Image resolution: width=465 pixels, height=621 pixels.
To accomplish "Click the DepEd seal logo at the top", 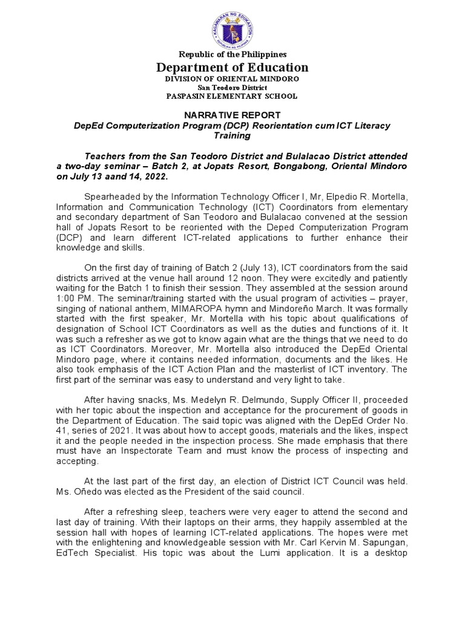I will [232, 29].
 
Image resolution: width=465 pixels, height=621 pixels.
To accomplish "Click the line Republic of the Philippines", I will [232, 55].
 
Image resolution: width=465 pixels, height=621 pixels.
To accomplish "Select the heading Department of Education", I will [232, 67].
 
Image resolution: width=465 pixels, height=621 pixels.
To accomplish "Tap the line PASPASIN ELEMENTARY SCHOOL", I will [232, 96].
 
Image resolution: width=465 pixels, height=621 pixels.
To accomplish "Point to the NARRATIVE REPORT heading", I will [232, 115].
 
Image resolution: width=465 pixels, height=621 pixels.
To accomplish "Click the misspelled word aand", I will [129, 176].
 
